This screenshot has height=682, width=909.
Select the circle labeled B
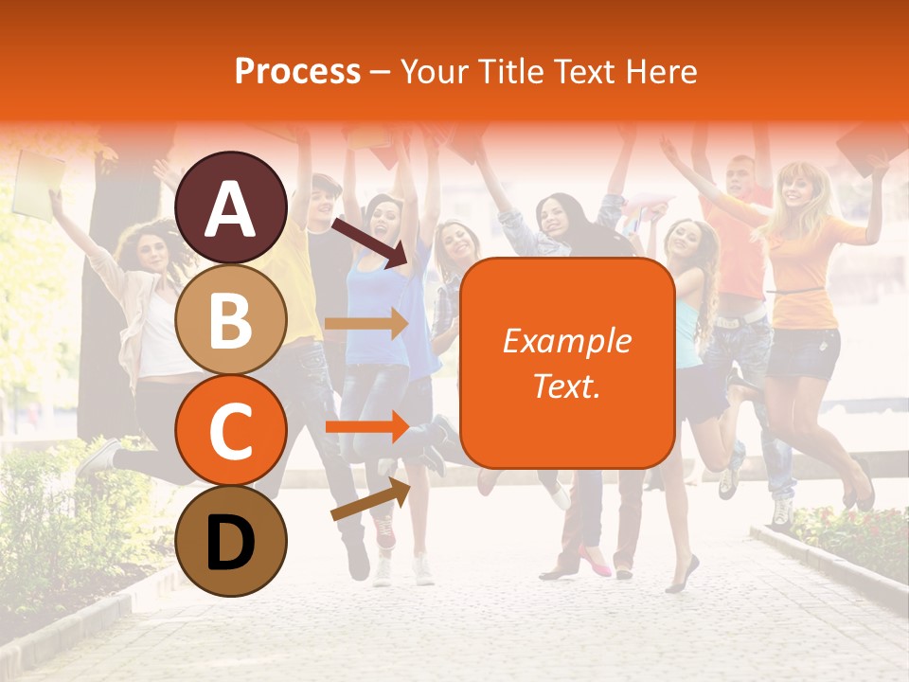tap(231, 319)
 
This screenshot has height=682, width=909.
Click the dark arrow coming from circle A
tap(369, 242)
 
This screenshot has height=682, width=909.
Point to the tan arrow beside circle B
tap(365, 324)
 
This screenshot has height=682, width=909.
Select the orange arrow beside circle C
tap(365, 426)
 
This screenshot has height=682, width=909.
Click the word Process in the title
tap(297, 71)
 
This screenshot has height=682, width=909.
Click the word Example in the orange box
tap(566, 341)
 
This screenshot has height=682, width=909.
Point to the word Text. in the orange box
tap(566, 386)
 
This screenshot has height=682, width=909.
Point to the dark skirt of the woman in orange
tap(803, 351)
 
